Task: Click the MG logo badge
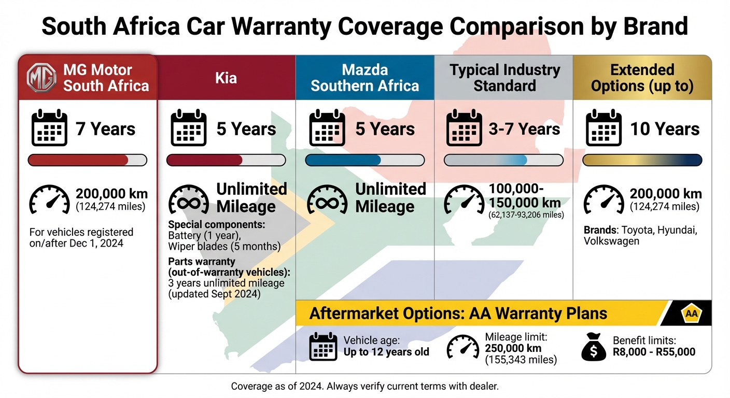tap(42, 78)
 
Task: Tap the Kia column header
tap(226, 78)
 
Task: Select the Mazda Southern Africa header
tap(364, 78)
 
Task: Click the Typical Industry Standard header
tap(504, 78)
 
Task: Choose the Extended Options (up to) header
tap(642, 78)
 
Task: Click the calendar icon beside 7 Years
tap(49, 128)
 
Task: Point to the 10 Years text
tap(665, 129)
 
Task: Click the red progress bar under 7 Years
tap(78, 160)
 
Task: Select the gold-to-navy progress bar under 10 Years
tap(642, 160)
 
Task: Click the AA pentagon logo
tap(691, 314)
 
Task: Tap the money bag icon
tap(594, 347)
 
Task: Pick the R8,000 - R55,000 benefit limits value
tap(654, 352)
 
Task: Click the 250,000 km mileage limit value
tap(513, 348)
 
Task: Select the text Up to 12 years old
tap(386, 352)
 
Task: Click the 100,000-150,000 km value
tap(524, 196)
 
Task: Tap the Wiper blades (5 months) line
tap(224, 246)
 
